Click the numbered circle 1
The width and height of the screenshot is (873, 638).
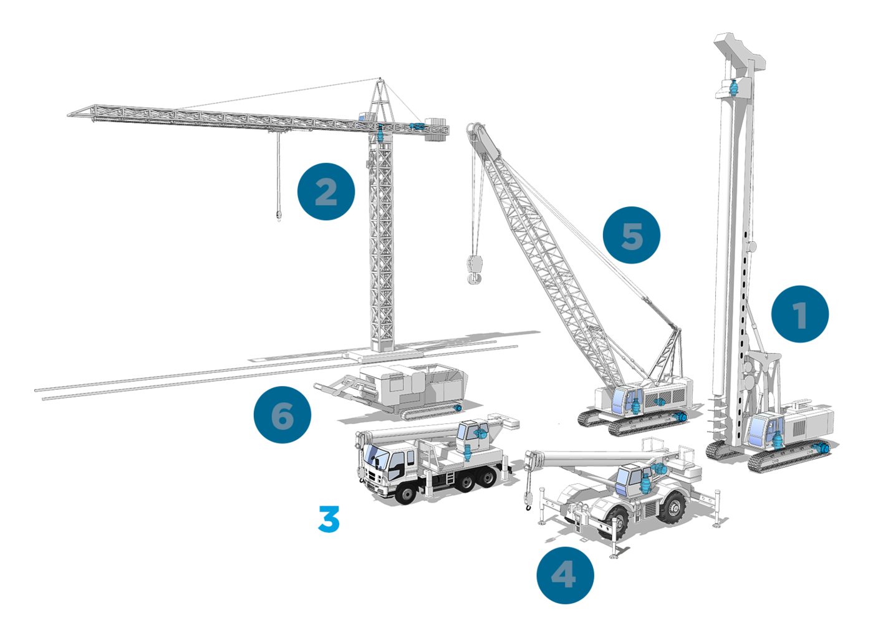tap(799, 314)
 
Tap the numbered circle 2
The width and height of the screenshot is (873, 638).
tap(326, 191)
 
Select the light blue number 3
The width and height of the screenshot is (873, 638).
tap(329, 519)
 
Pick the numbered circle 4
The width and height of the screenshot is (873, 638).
tap(565, 575)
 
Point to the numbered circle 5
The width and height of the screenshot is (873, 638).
tap(631, 235)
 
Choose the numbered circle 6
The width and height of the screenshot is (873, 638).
tap(282, 415)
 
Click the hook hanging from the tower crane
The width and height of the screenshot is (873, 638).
tap(279, 216)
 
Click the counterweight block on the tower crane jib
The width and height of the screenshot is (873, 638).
tap(436, 129)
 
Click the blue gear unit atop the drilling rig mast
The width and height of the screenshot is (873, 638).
tap(733, 89)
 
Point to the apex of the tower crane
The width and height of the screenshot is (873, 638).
tap(380, 79)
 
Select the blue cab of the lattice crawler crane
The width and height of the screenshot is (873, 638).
tap(622, 402)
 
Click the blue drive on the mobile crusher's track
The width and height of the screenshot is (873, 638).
tap(458, 408)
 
